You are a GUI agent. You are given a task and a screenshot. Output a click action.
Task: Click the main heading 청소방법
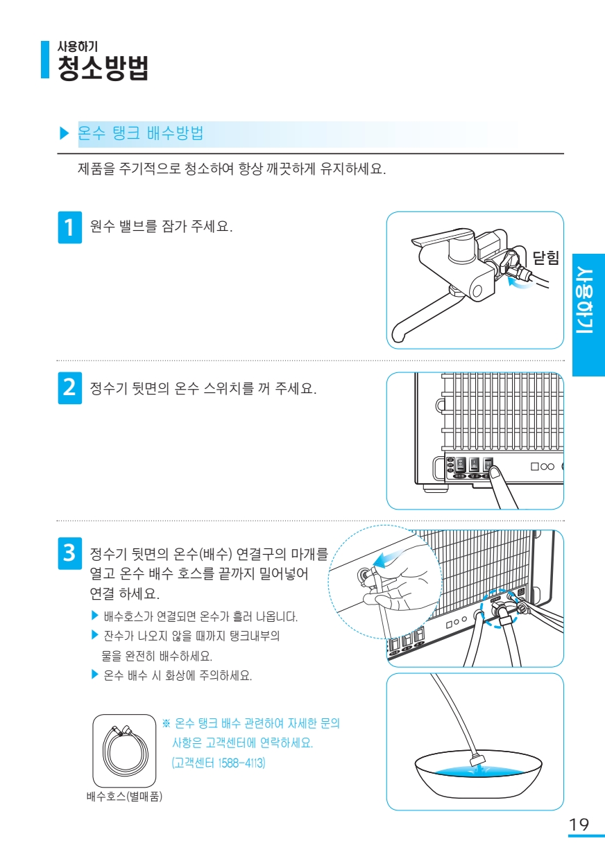(103, 68)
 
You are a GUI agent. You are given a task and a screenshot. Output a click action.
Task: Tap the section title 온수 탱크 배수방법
(141, 133)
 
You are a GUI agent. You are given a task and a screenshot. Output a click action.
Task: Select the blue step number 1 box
(70, 227)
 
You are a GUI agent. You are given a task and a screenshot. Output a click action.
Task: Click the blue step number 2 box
(70, 388)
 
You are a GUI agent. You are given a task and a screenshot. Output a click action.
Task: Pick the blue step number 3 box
(70, 553)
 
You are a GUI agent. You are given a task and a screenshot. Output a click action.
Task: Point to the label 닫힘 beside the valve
(545, 257)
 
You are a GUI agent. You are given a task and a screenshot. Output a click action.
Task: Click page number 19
(579, 824)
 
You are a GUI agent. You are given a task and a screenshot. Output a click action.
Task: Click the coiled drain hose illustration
(125, 749)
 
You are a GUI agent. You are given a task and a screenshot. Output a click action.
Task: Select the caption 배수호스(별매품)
(124, 797)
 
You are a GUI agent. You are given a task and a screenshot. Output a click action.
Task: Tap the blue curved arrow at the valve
(520, 283)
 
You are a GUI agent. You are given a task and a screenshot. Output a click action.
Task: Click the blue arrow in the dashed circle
(391, 559)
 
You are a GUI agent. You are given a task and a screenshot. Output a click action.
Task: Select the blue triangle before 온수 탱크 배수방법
(64, 133)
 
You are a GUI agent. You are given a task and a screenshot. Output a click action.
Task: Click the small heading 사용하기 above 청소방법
(78, 46)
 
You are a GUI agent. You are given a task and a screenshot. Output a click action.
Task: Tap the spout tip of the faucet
(398, 337)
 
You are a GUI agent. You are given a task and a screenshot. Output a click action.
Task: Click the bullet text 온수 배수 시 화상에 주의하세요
(178, 675)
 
